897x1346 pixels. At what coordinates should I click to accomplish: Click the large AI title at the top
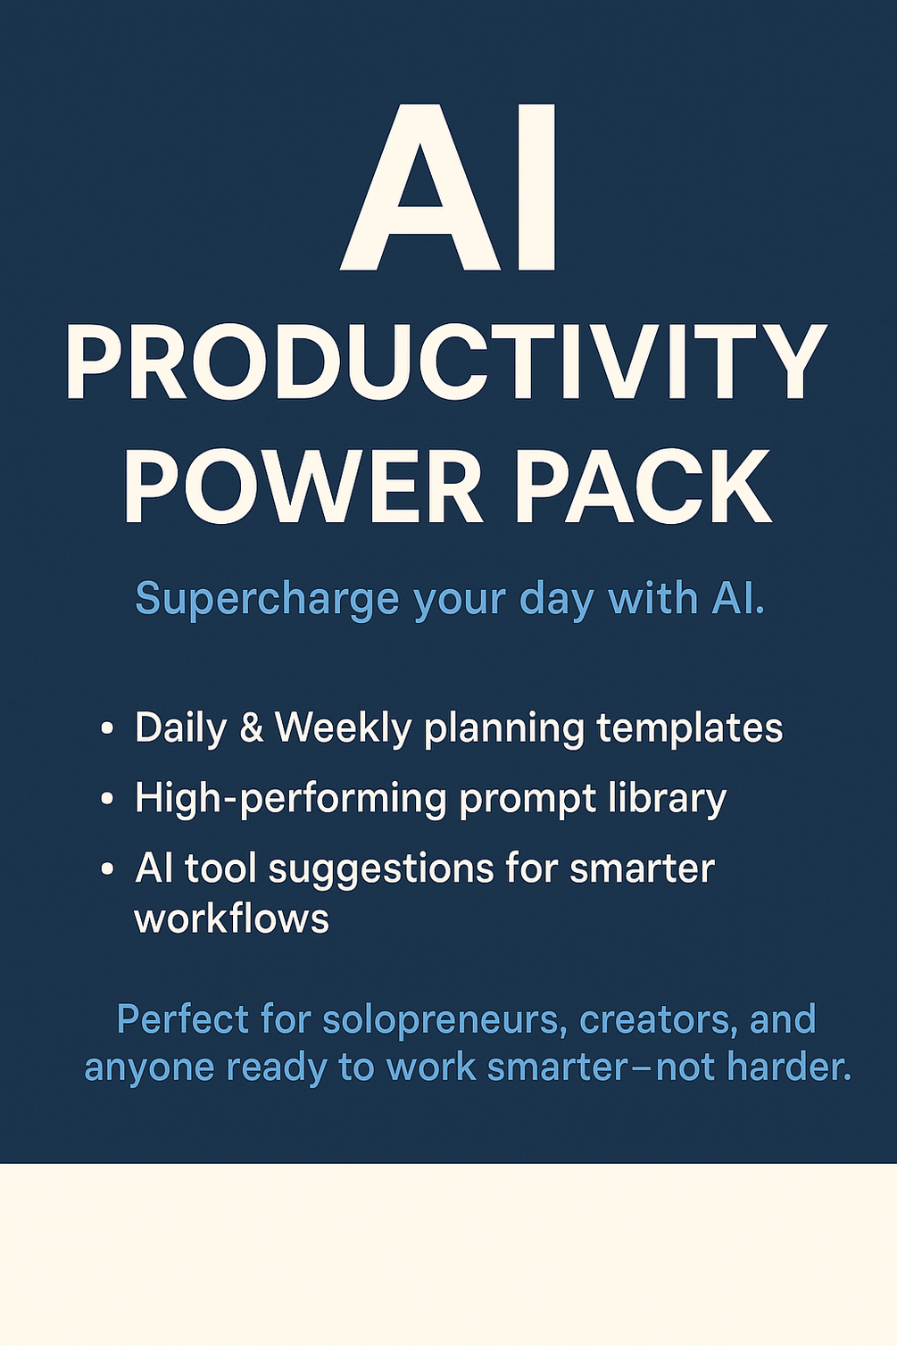[451, 190]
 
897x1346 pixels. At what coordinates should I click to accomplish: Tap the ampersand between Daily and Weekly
[252, 728]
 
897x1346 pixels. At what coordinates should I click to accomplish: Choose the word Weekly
[343, 728]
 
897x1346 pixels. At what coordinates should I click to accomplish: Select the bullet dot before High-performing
[107, 799]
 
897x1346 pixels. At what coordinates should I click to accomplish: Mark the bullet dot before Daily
[107, 729]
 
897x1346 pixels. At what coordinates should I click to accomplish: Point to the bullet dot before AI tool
[107, 868]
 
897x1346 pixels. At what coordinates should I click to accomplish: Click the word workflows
[232, 918]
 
